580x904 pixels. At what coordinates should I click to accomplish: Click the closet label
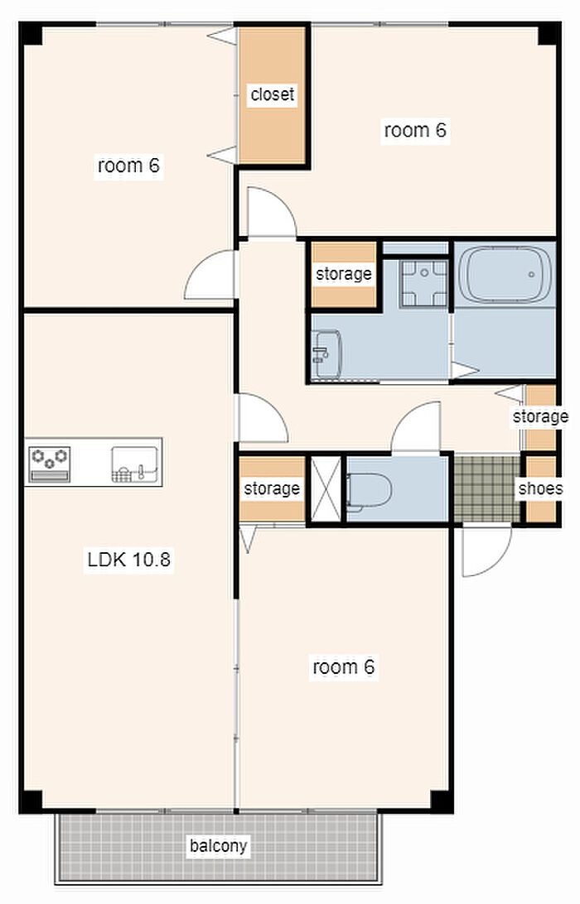click(273, 94)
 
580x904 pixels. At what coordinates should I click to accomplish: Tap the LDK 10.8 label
click(128, 560)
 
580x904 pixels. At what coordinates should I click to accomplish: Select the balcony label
click(218, 846)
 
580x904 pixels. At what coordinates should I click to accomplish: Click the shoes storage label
click(541, 488)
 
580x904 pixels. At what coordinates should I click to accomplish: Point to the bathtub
click(505, 275)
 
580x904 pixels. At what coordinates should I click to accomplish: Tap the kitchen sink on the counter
click(134, 464)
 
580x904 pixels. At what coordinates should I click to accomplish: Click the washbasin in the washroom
click(326, 354)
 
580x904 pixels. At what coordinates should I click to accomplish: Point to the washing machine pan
click(425, 283)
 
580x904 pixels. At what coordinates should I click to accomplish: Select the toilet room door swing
click(415, 426)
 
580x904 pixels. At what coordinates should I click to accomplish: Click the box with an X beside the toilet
click(326, 489)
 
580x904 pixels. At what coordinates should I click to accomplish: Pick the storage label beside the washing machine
click(344, 273)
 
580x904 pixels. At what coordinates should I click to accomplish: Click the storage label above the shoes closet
click(541, 416)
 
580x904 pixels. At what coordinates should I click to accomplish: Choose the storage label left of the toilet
click(272, 488)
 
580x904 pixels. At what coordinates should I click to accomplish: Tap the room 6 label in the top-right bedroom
click(415, 130)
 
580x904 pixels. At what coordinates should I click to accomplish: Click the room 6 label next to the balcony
click(343, 667)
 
